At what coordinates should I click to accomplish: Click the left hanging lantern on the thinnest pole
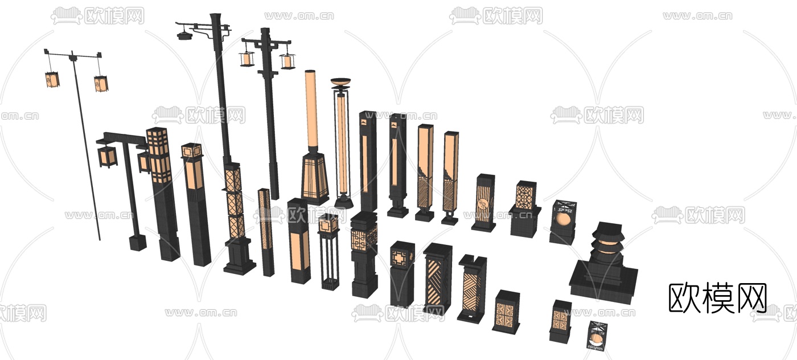52,79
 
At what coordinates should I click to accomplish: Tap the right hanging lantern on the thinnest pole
101,83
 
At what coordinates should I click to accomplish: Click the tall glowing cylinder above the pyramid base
311,110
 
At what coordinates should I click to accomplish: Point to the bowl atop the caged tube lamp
340,83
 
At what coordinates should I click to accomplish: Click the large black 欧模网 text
717,298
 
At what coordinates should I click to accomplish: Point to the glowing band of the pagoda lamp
607,246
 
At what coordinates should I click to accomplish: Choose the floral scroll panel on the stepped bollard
524,196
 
